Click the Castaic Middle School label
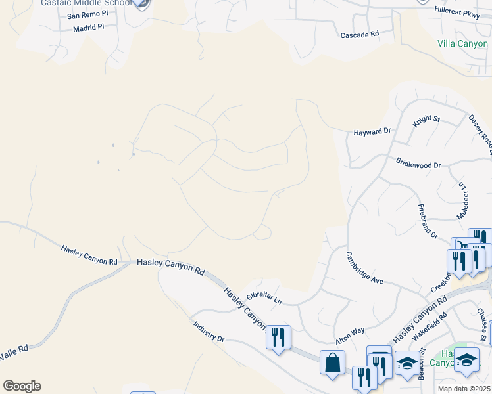coord(86,3)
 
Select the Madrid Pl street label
coord(89,28)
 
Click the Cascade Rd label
coord(359,33)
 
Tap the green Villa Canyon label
coord(463,44)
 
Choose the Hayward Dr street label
coord(372,131)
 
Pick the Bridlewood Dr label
coord(418,163)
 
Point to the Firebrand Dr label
coord(428,221)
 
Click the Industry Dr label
coord(209,330)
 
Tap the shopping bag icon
coord(333,361)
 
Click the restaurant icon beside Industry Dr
coord(278,338)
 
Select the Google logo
coord(22,385)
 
